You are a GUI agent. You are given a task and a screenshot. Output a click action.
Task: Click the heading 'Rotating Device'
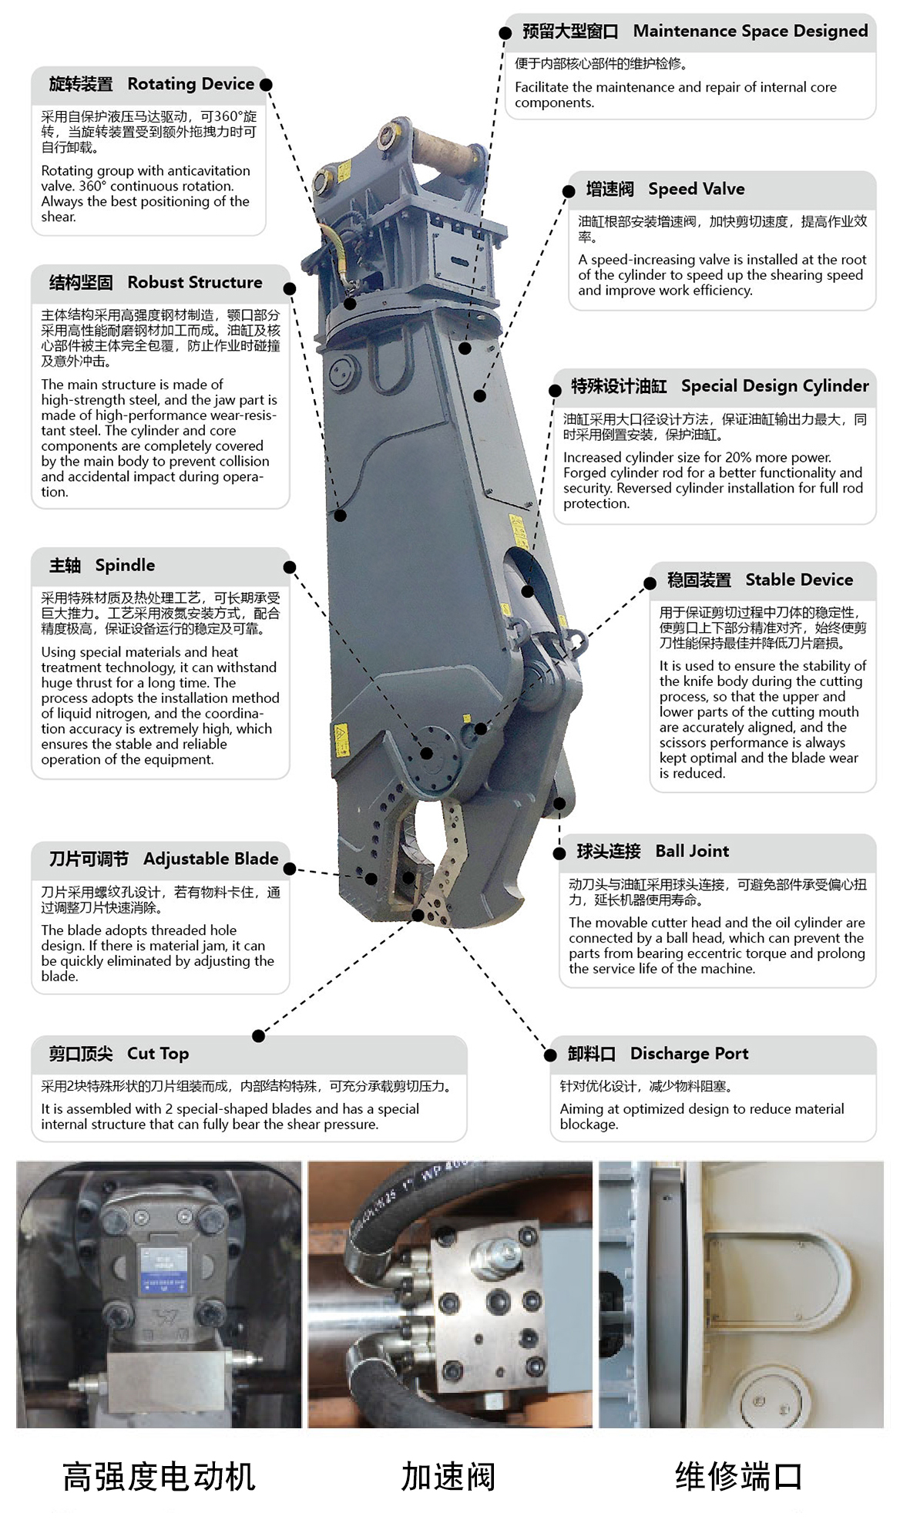[190, 84]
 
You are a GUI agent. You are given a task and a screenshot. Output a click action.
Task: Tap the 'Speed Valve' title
[696, 190]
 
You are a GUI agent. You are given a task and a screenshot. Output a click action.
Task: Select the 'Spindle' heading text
[125, 566]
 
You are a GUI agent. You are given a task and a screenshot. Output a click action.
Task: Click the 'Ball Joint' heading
[691, 852]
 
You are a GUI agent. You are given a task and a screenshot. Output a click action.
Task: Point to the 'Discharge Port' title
[689, 1054]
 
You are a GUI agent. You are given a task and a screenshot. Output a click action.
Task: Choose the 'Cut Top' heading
[157, 1054]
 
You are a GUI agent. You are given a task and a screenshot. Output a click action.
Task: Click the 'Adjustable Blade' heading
[210, 859]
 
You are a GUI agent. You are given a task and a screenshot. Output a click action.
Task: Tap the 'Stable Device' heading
[798, 580]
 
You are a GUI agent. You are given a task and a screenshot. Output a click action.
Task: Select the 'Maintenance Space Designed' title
[750, 32]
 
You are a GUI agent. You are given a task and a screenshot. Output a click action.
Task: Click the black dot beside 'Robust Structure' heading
[290, 289]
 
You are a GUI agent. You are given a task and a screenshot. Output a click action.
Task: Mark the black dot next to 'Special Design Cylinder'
[555, 391]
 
